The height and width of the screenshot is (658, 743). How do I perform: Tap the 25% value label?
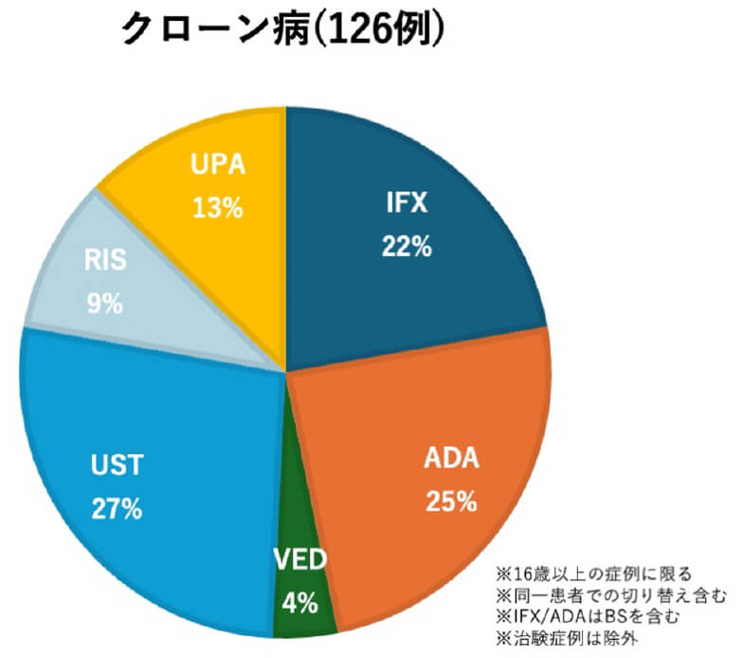point(450,502)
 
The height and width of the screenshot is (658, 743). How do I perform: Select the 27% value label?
point(117,508)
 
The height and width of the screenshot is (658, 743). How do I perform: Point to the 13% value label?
point(217,207)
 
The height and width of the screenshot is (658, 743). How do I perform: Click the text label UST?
point(117,466)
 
